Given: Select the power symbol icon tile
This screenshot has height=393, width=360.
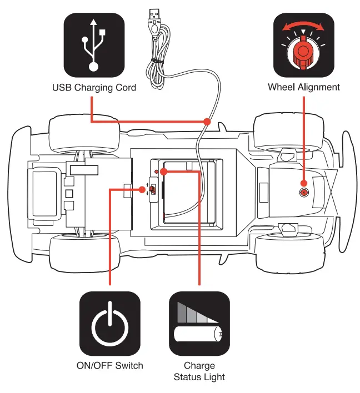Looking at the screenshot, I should (x=109, y=324).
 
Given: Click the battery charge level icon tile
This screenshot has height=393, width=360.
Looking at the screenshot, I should (x=199, y=324).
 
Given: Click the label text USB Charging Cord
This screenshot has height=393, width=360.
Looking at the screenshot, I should (x=93, y=88).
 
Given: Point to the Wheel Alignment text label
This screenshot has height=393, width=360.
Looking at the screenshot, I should (x=303, y=87).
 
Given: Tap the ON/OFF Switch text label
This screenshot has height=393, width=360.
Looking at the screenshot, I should (x=109, y=365).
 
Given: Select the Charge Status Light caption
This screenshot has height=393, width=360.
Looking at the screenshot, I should (x=199, y=371).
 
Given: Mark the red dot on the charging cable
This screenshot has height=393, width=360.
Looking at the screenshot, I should (x=207, y=121).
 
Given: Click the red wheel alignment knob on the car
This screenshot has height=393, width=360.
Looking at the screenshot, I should (x=304, y=192).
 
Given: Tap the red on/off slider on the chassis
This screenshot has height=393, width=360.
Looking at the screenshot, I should (x=151, y=190).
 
